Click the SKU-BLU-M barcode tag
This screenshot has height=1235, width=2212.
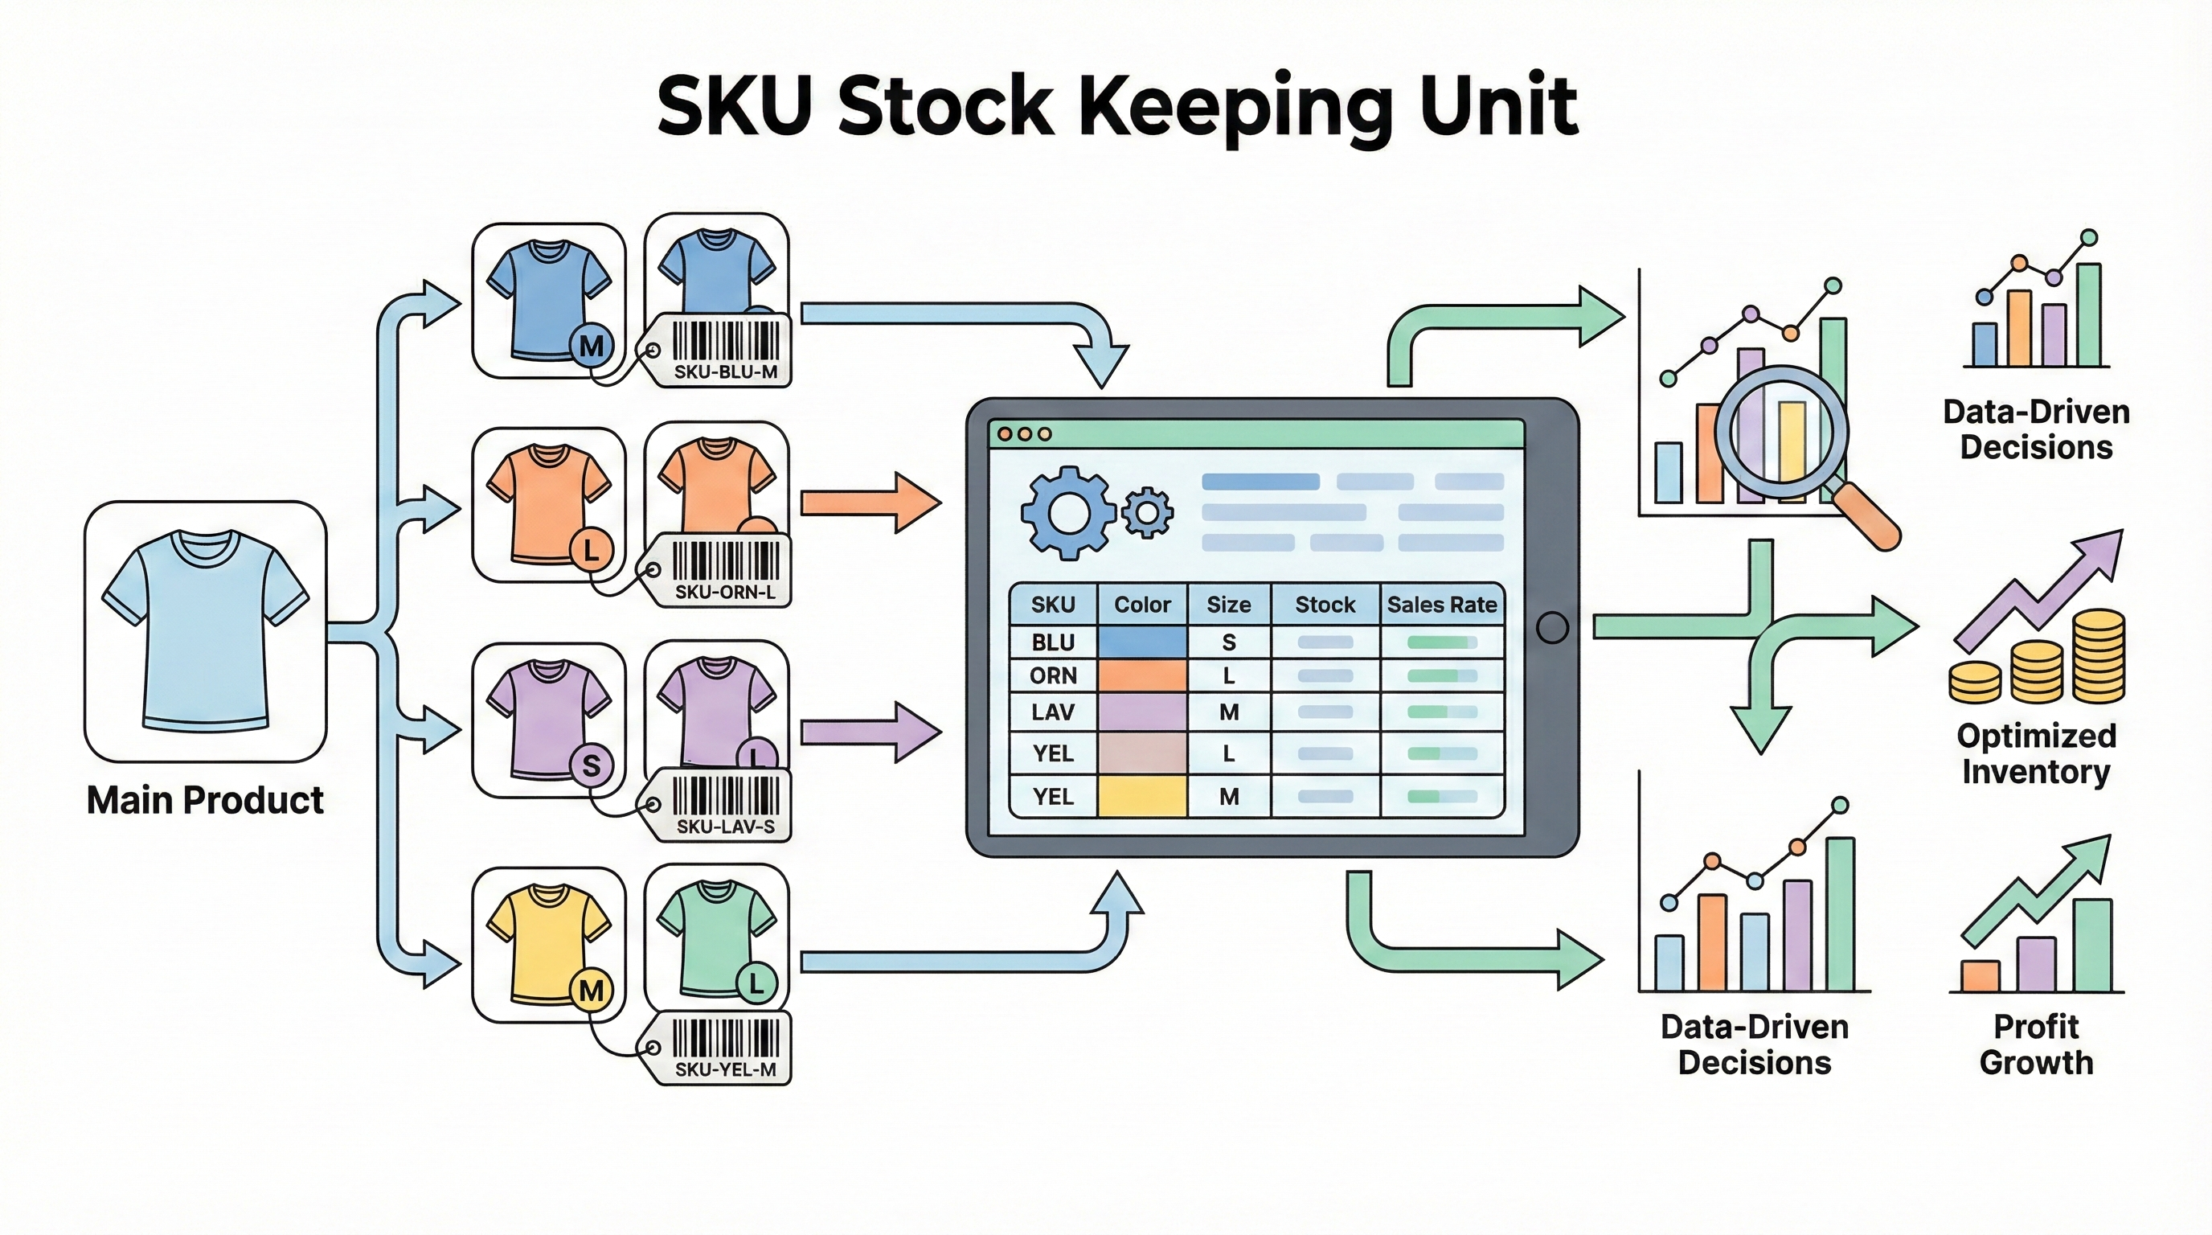[721, 351]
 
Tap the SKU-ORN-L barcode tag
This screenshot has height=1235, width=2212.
[721, 570]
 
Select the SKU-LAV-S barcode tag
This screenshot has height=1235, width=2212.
[721, 805]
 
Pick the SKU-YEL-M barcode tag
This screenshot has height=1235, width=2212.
[721, 1048]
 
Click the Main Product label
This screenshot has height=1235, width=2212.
[205, 801]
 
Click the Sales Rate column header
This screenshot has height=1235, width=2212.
[1442, 605]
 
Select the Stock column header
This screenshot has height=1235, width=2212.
[1325, 605]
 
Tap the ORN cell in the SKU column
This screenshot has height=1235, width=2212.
[1053, 676]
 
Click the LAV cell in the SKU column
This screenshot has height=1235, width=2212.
[1053, 712]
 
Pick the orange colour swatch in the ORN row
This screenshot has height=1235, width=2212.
[1142, 676]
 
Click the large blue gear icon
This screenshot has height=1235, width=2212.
[1067, 513]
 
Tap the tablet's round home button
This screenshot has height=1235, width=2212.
[1551, 628]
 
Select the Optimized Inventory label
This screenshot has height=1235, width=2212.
[2036, 753]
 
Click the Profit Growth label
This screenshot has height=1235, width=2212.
[2036, 1044]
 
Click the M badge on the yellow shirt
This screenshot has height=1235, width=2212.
[591, 991]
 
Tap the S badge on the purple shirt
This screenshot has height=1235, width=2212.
[591, 765]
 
